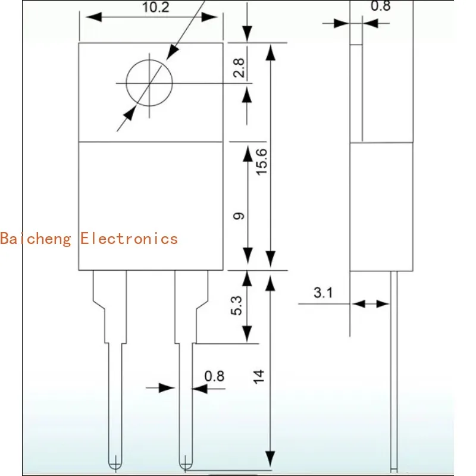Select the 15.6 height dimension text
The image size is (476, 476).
tap(262, 161)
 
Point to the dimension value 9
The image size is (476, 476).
tap(239, 216)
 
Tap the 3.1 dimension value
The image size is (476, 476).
tap(322, 293)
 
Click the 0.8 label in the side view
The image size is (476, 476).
tap(380, 7)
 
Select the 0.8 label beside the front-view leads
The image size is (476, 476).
tap(214, 376)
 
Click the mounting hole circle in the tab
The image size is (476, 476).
tap(149, 83)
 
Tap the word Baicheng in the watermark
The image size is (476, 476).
tap(36, 239)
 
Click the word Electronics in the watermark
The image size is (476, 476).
tap(129, 239)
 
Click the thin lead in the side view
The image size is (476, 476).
tap(393, 369)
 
